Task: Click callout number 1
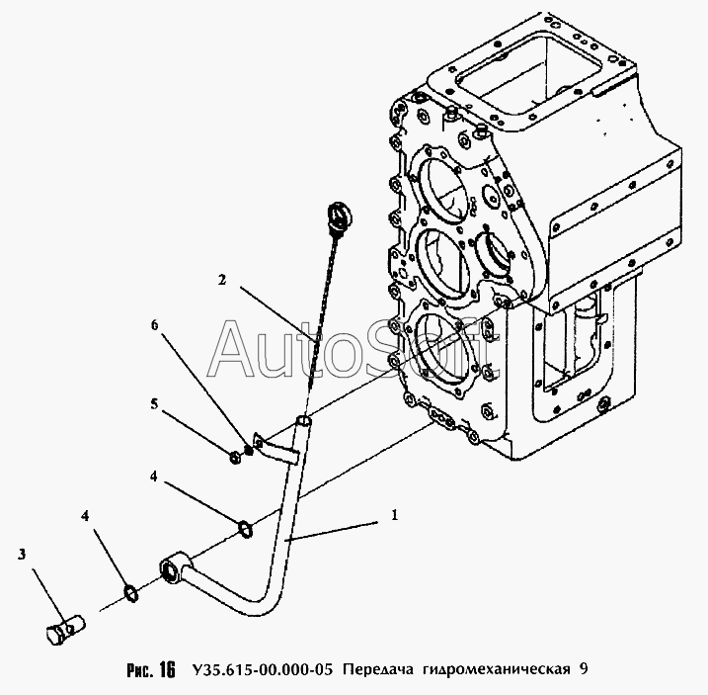pyautogui.click(x=395, y=515)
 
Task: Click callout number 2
pyautogui.click(x=221, y=281)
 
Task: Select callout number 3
pyautogui.click(x=22, y=555)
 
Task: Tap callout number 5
pyautogui.click(x=154, y=403)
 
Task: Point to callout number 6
pyautogui.click(x=155, y=324)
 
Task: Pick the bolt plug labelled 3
pyautogui.click(x=65, y=628)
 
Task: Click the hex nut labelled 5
pyautogui.click(x=235, y=458)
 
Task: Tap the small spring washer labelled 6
pyautogui.click(x=248, y=450)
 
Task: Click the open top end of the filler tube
pyautogui.click(x=303, y=421)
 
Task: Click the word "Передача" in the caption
pyautogui.click(x=377, y=668)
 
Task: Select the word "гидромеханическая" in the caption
pyautogui.click(x=497, y=669)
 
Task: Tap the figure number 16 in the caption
pyautogui.click(x=167, y=669)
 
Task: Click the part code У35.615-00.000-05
pyautogui.click(x=262, y=668)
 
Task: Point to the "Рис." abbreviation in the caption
pyautogui.click(x=140, y=669)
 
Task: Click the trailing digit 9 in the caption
pyautogui.click(x=585, y=668)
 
